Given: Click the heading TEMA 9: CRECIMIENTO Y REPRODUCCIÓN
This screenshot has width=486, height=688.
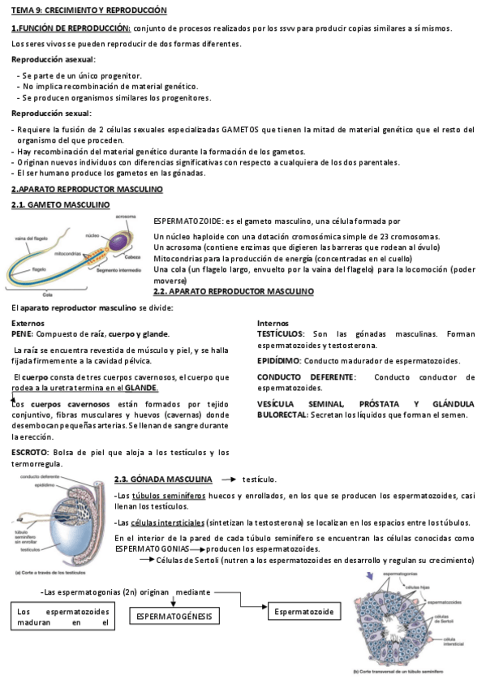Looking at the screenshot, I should coord(88,11).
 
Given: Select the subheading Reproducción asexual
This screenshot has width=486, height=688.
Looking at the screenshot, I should coord(53,59).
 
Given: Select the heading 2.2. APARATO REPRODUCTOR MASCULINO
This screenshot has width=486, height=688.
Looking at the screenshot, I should coord(233,291).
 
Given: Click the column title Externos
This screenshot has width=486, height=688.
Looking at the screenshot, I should coord(28,323).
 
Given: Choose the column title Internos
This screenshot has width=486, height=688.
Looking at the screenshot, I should coord(273,323).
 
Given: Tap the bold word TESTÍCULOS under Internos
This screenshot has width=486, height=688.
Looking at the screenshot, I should coord(281,334).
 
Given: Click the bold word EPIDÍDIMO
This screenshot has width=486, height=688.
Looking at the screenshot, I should coord(278,359).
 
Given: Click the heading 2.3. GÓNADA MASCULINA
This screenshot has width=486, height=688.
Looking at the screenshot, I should coord(163,479).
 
